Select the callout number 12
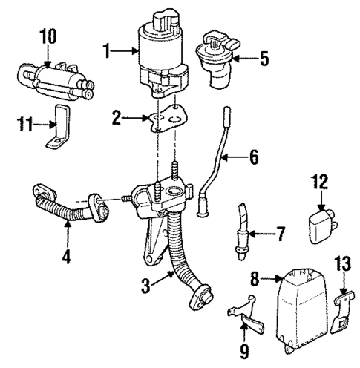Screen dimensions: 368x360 [319, 180]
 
